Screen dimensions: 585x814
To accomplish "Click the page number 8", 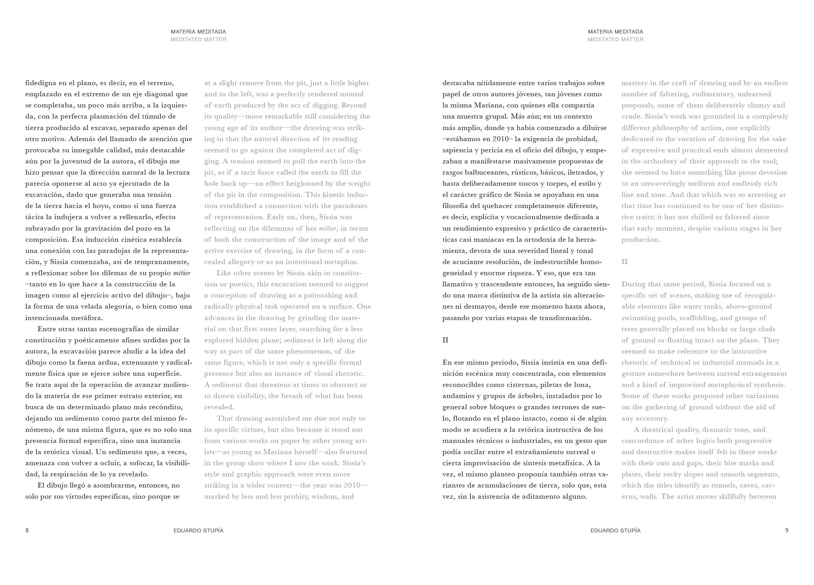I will [x=27, y=530].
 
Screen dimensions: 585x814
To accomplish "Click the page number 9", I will [x=787, y=530].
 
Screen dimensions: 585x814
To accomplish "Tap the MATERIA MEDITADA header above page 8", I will [x=198, y=32].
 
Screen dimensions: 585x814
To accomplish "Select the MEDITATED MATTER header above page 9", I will [x=615, y=40].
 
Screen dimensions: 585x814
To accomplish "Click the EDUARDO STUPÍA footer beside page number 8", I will [x=198, y=531].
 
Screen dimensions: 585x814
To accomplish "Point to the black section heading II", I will [x=445, y=340].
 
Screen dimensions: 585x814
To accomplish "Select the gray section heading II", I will [x=625, y=262].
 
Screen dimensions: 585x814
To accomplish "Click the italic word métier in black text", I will [x=182, y=273].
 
